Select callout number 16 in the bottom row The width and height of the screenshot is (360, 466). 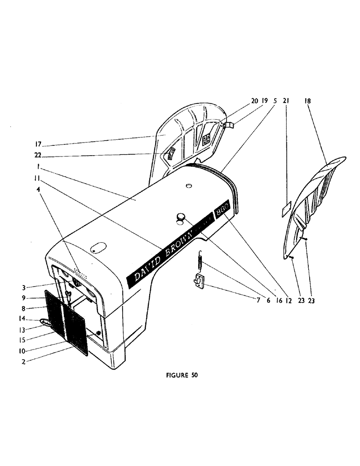[x=279, y=301]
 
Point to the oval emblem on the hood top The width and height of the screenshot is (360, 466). [x=98, y=247]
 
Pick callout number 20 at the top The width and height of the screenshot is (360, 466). [x=254, y=101]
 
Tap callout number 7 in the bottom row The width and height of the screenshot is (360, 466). [x=258, y=301]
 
